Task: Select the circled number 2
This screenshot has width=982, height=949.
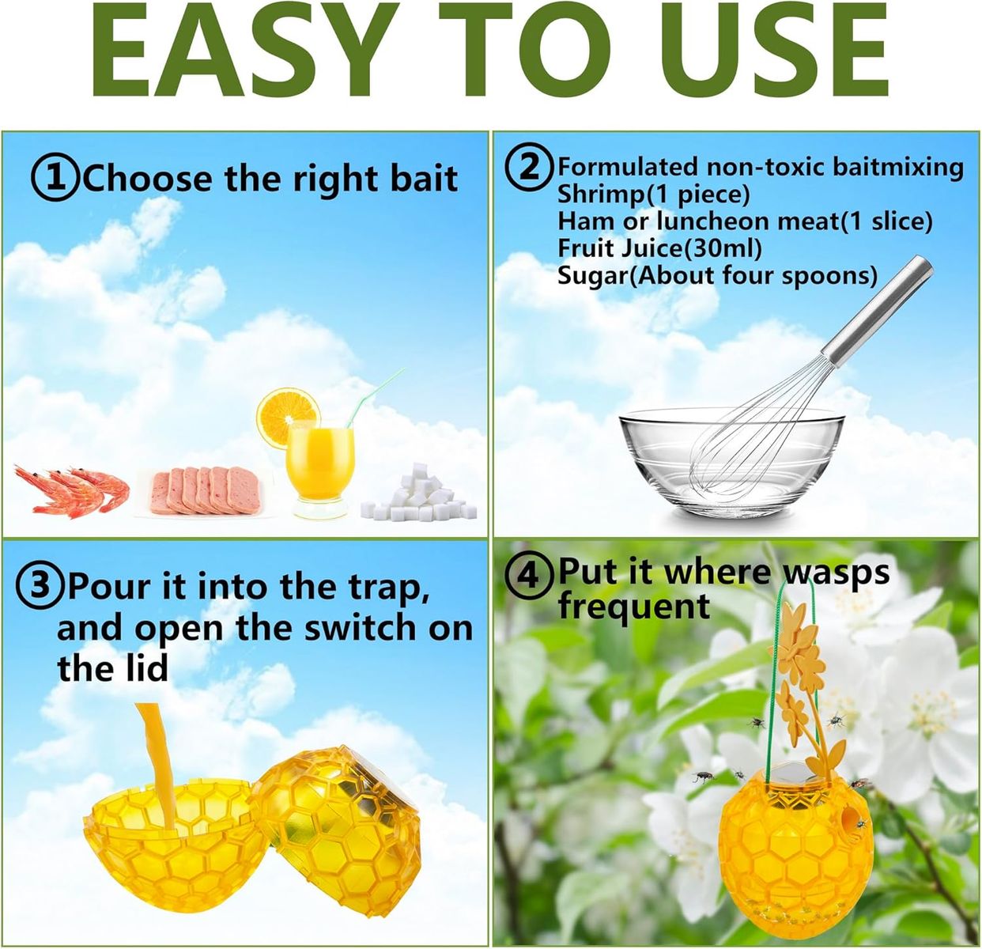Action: (x=530, y=167)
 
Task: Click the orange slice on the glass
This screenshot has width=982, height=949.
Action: (x=288, y=417)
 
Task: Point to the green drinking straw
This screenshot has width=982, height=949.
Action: (x=375, y=397)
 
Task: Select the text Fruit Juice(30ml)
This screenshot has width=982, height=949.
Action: (x=659, y=248)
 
